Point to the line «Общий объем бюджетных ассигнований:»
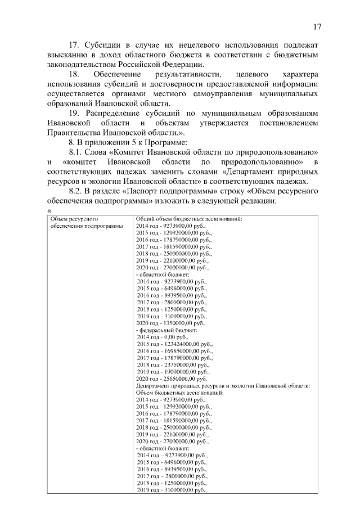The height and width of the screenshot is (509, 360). (189, 218)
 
